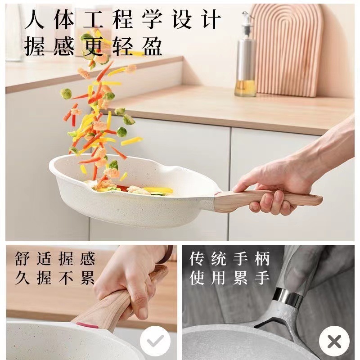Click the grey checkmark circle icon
click(155, 341)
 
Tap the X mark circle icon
click(334, 342)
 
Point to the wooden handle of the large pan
click(266, 199)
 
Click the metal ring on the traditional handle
click(288, 297)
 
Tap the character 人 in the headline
click(35, 19)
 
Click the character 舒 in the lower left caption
click(22, 258)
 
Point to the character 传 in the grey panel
click(197, 258)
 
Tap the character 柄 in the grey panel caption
click(262, 258)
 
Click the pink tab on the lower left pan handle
click(84, 324)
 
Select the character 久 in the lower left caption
click(22, 278)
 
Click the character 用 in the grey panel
click(219, 278)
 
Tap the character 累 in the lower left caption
click(87, 278)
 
